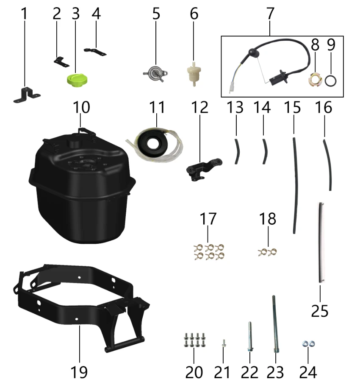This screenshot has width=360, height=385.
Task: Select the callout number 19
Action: [x=79, y=372]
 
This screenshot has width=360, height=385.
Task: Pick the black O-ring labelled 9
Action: [x=331, y=81]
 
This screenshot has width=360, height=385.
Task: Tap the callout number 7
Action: [x=270, y=13]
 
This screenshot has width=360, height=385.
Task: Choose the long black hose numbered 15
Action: [x=295, y=186]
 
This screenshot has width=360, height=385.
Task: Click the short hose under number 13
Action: [x=237, y=151]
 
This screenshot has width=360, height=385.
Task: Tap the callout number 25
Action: [x=319, y=311]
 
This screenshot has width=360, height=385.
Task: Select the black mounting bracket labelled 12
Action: [x=203, y=169]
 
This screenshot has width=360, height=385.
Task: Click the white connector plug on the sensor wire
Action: [x=231, y=88]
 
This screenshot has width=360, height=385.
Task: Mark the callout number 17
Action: [x=208, y=218]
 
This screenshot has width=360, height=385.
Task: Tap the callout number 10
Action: [x=81, y=107]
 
